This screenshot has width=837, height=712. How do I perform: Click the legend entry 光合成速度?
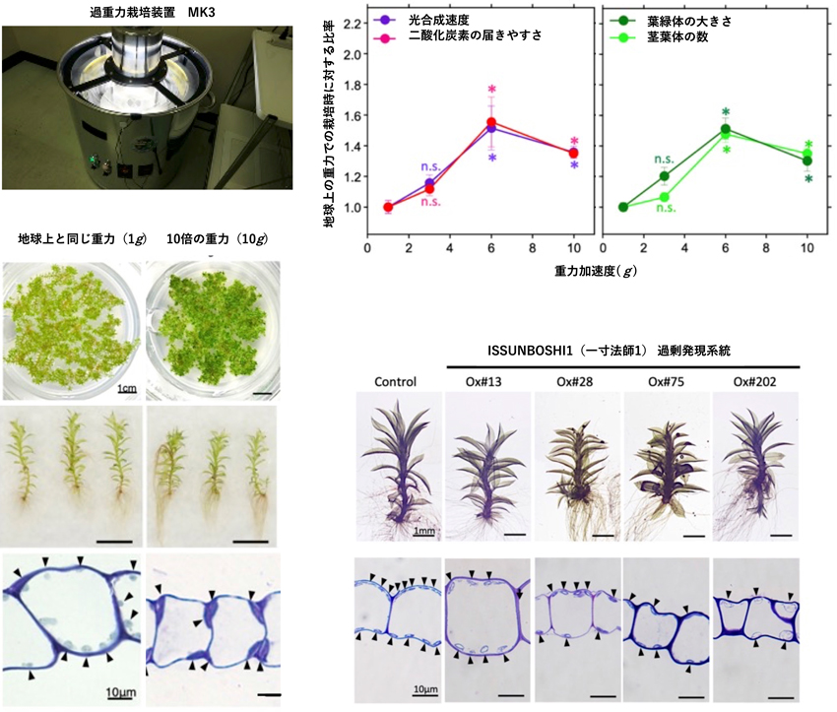click(x=439, y=21)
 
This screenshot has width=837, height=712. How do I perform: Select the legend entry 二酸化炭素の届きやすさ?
click(x=475, y=35)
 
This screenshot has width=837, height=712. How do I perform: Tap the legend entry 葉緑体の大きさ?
click(x=689, y=22)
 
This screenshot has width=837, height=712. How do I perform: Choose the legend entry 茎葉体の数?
click(x=677, y=36)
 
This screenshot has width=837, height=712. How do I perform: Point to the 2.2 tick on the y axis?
click(x=353, y=24)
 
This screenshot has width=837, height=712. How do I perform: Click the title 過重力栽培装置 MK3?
click(x=152, y=12)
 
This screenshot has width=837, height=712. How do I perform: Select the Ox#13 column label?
click(x=483, y=382)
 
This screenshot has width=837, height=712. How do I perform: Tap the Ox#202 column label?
click(x=755, y=382)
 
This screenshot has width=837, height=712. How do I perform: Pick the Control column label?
click(x=395, y=382)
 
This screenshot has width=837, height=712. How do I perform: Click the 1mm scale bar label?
click(x=423, y=531)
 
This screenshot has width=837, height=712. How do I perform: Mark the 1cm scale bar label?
click(x=127, y=388)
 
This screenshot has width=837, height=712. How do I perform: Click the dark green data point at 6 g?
click(x=726, y=129)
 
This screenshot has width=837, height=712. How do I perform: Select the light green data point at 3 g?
click(x=665, y=197)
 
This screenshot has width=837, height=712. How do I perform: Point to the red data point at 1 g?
click(x=388, y=207)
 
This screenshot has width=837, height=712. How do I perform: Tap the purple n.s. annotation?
click(x=430, y=167)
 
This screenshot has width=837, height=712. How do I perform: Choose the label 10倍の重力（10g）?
click(x=217, y=238)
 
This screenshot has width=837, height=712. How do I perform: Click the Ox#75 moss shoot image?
click(x=667, y=467)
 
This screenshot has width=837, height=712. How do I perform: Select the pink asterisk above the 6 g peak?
click(x=492, y=90)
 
